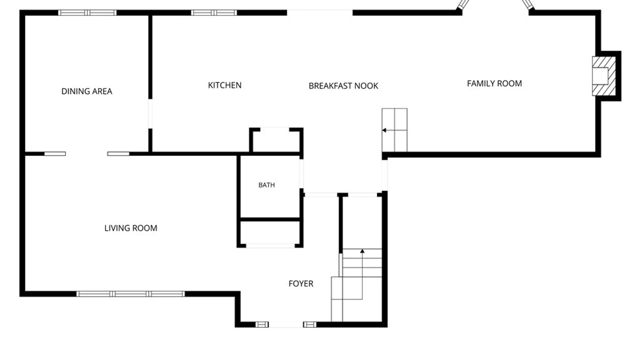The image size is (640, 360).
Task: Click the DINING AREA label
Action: point(87,91)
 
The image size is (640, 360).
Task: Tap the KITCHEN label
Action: point(225,85)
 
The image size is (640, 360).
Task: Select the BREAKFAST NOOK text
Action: point(343,86)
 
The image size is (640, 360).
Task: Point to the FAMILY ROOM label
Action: point(494,84)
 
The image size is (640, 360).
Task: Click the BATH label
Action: point(267,185)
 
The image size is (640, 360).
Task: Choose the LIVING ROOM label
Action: point(131,228)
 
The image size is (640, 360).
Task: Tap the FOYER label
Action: point(301,284)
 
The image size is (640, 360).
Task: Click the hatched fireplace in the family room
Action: point(604,76)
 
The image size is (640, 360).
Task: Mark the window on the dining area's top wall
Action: point(87,13)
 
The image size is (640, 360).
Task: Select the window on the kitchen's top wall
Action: point(214,13)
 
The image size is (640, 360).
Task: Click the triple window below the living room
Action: point(130,294)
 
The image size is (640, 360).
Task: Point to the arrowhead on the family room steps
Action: point(384,130)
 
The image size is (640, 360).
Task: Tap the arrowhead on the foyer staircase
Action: point(362,251)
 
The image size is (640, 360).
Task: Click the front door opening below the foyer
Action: point(286,325)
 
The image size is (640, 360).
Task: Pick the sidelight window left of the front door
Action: point(262,325)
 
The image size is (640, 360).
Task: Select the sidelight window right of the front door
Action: point(310,325)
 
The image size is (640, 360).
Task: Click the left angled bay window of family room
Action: point(463,5)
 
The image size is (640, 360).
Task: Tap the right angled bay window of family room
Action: point(527,4)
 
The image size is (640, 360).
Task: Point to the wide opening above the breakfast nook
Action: point(320,13)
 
